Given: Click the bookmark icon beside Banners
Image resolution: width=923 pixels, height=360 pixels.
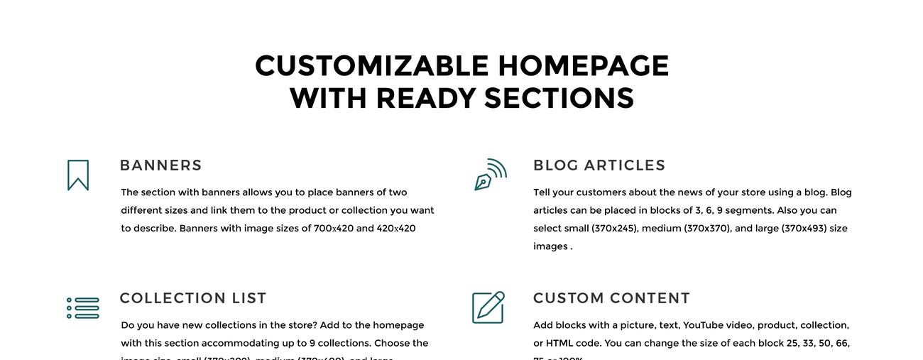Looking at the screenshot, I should (x=78, y=175).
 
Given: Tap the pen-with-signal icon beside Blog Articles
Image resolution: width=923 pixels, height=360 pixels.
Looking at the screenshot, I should (x=490, y=175).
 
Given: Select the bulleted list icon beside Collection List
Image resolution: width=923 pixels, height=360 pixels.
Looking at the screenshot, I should (x=83, y=308).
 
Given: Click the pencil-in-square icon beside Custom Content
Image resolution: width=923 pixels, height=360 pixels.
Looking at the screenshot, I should (x=488, y=307).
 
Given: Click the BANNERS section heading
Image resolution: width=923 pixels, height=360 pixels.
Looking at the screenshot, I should (x=161, y=165).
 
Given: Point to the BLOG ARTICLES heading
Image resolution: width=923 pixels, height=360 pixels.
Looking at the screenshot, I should (x=599, y=165).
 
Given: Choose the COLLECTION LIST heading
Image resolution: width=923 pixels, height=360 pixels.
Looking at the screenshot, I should (x=193, y=298).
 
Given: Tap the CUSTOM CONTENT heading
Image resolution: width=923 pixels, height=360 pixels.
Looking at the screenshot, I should (x=611, y=298).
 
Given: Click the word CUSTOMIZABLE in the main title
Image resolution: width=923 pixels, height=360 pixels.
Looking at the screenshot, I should (x=372, y=66).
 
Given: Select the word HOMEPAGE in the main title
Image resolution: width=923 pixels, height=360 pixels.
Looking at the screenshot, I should (x=583, y=66).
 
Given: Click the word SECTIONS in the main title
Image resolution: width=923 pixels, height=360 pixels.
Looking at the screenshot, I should (x=559, y=98).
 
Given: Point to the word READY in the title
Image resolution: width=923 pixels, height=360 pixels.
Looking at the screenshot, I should (x=425, y=98).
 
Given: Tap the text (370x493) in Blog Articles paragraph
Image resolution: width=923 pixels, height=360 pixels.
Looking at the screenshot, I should (x=804, y=229).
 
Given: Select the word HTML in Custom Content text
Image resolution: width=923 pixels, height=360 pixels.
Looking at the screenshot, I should (x=559, y=344).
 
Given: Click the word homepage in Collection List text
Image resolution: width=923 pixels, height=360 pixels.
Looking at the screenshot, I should (x=398, y=325).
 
